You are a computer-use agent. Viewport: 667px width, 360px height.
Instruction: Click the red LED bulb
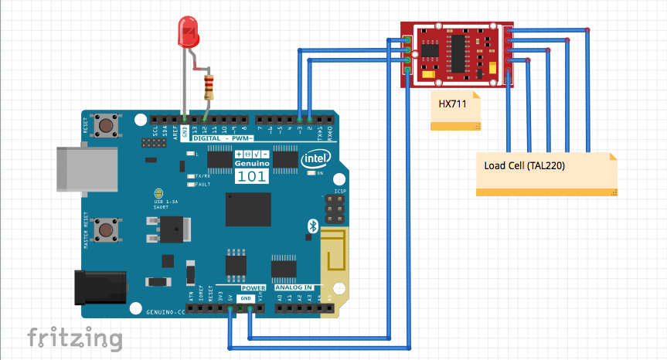pos(187,32)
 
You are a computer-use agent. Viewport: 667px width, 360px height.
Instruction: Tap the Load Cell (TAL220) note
pos(546,174)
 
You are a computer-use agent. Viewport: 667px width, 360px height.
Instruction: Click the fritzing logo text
pos(75,338)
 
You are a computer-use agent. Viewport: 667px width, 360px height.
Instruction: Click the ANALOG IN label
pos(293,287)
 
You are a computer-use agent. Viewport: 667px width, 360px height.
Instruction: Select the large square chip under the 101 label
pos(248,209)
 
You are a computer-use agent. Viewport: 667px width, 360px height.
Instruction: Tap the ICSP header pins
pos(333,206)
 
